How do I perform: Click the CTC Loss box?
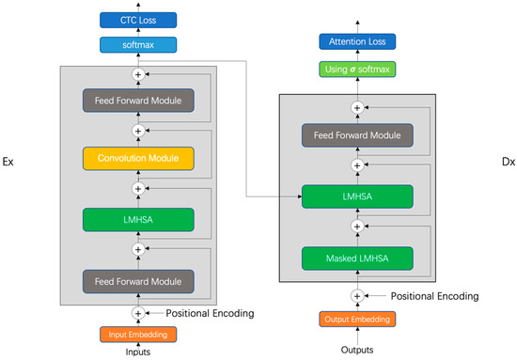coord(138,19)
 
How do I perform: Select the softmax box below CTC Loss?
coord(138,44)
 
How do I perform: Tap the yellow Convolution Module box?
coord(138,158)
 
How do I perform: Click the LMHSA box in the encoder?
coord(138,219)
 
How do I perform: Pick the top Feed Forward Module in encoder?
coord(138,100)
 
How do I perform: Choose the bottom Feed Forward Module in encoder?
coord(138,280)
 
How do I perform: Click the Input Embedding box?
coord(138,334)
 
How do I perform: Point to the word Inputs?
coord(138,352)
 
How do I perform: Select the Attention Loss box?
coord(356,41)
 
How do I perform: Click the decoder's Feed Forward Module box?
coord(356,135)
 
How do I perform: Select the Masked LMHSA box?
coord(356,258)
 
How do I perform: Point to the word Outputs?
coord(356,350)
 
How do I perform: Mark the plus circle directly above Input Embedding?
coord(138,313)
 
